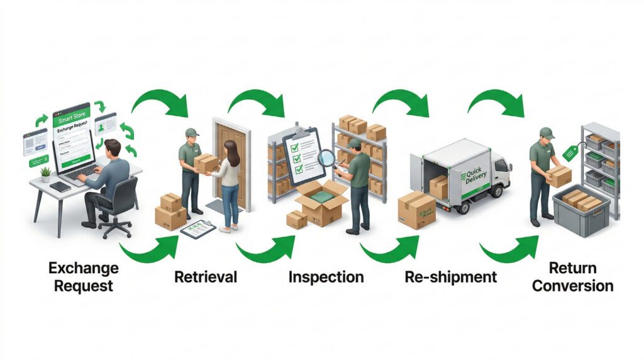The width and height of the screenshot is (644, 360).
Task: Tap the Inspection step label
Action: [326, 277]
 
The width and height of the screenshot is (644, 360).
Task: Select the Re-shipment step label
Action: [450, 277]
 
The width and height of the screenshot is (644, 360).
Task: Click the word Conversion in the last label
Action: [572, 286]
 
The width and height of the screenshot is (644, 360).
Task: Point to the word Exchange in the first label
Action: [83, 268]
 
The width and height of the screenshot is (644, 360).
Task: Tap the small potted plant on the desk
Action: [45, 173]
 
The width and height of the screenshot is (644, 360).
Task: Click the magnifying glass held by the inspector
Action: [326, 157]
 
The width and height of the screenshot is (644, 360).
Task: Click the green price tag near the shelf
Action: [570, 152]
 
